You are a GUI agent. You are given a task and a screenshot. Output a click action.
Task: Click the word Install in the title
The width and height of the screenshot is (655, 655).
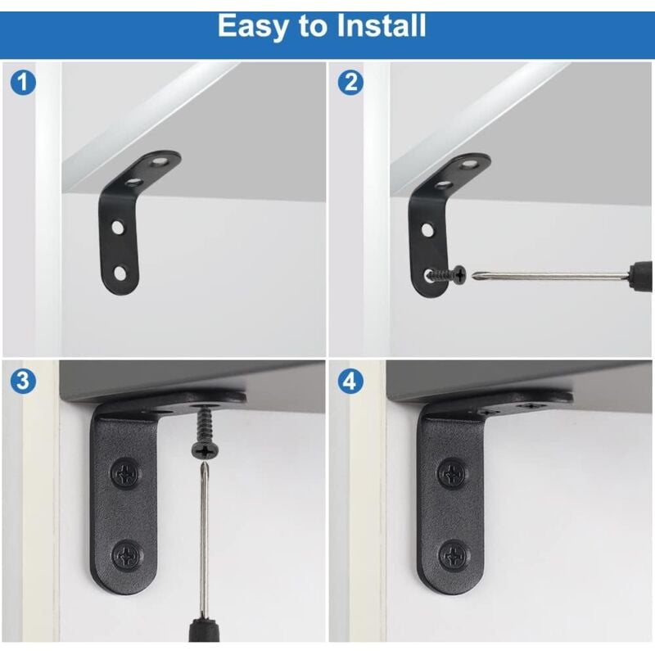[381, 26]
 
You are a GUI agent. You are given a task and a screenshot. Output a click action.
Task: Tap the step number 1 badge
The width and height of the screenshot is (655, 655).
[23, 83]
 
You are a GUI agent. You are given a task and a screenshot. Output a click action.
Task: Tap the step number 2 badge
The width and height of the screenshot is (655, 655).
[350, 83]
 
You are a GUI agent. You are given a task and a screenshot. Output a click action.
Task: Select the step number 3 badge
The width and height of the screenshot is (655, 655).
[23, 381]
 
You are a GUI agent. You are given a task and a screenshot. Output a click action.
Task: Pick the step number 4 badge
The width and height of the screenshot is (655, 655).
[350, 381]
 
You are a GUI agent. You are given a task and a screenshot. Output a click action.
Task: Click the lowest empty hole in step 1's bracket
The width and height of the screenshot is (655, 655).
[120, 274]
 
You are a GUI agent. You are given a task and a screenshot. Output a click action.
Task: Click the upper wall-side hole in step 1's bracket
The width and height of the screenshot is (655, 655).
[117, 228]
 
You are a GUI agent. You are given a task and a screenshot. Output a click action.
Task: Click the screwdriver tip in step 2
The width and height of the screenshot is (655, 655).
[475, 275]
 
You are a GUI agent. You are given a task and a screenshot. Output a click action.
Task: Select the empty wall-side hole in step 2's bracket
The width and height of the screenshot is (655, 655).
[427, 229]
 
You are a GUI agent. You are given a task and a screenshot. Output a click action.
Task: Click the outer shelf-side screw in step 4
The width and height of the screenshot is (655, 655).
[531, 405]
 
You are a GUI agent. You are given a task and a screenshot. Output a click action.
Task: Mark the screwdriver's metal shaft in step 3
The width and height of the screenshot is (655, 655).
[204, 540]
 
